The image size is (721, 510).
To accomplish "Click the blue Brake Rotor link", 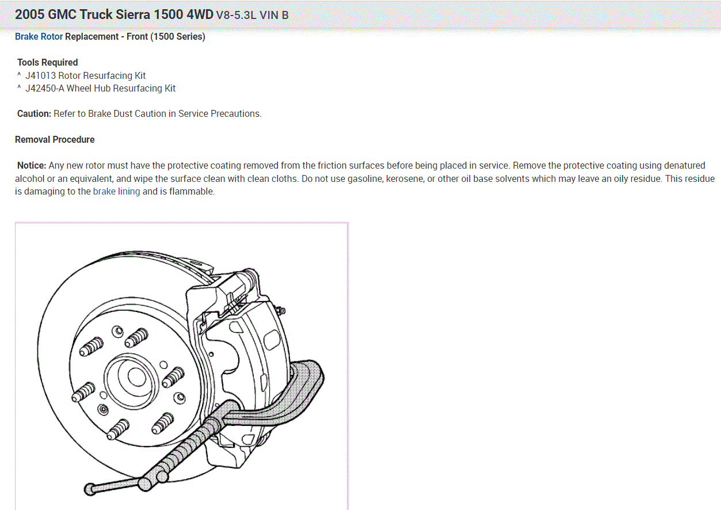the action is [39, 37].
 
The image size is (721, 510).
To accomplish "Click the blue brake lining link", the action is [116, 192].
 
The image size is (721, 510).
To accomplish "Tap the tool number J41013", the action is [40, 75].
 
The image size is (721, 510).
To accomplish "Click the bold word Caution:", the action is [34, 113].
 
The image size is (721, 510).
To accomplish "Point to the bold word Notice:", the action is [32, 166].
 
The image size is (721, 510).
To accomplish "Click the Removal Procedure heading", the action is [55, 140].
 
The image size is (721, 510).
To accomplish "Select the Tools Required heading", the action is [47, 63].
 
